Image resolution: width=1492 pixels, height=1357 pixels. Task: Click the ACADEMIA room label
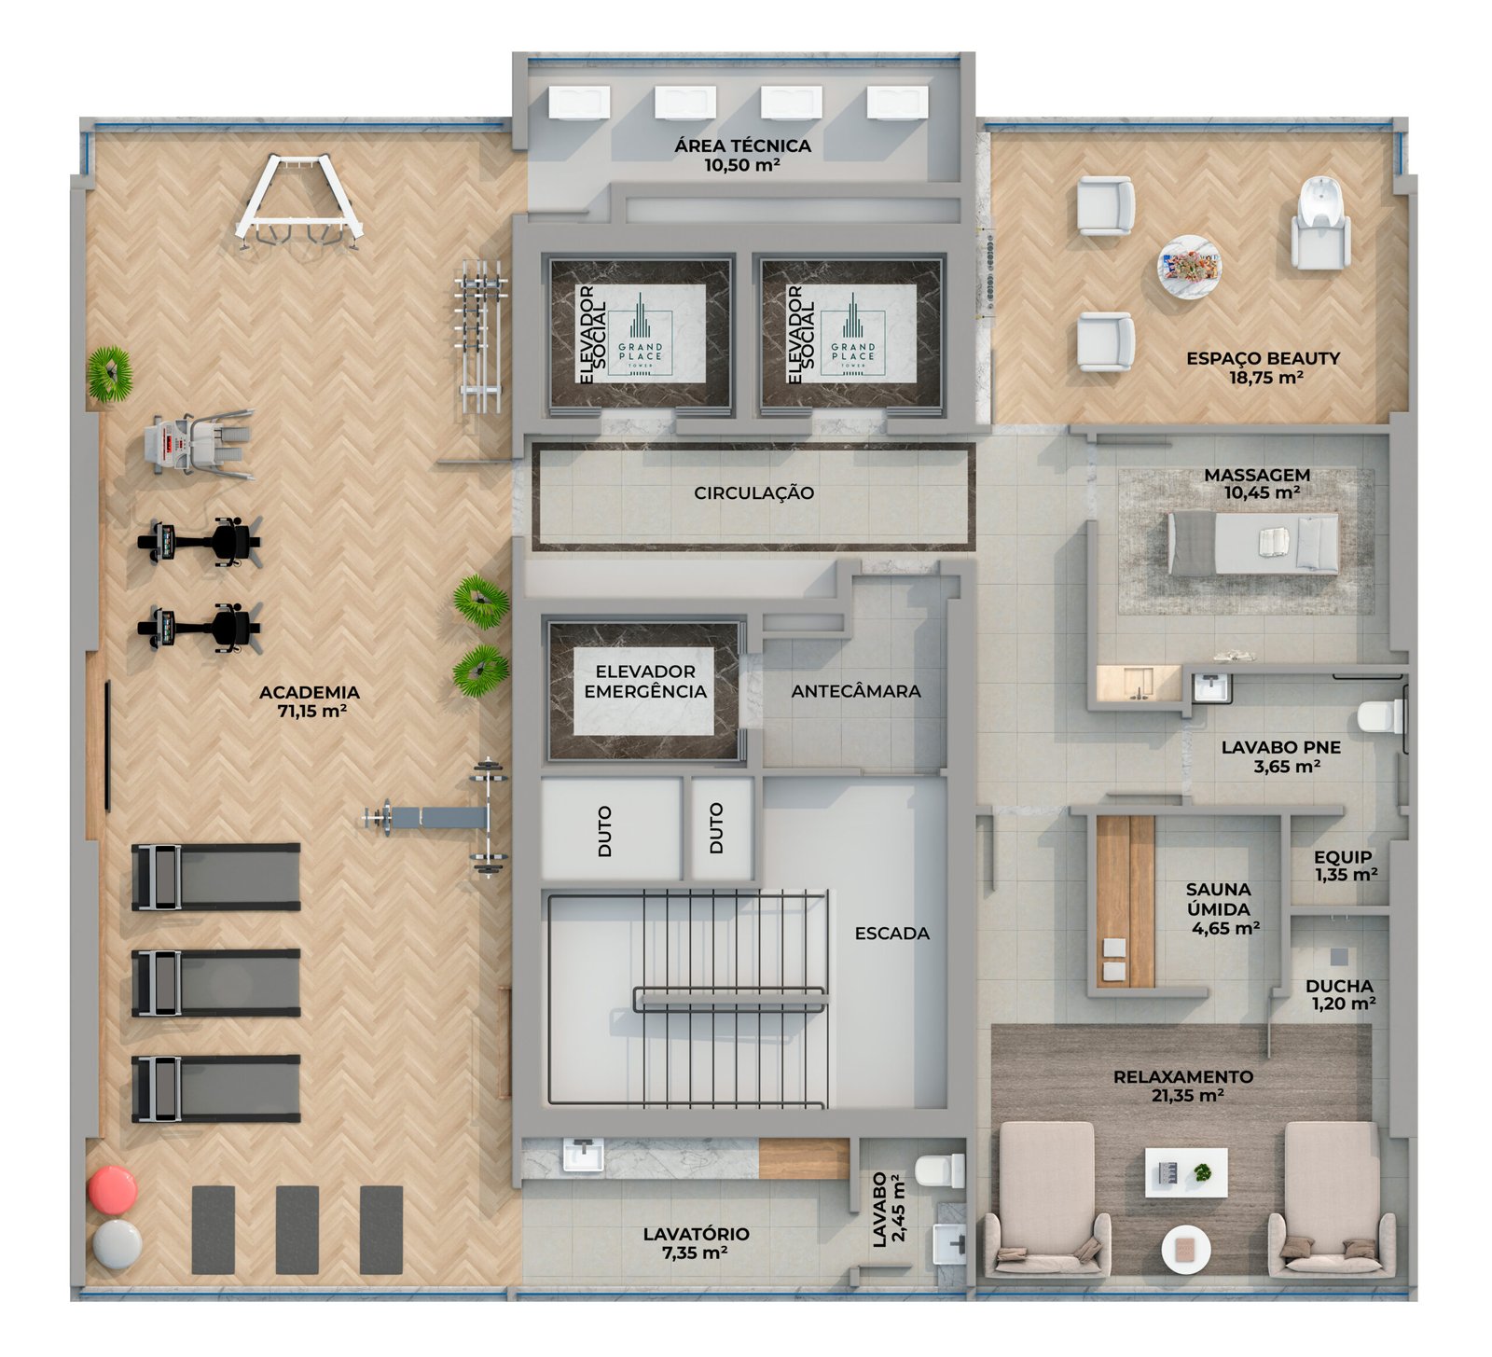309,692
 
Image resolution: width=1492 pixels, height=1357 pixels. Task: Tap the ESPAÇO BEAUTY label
1263,358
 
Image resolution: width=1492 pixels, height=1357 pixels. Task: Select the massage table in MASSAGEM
1252,543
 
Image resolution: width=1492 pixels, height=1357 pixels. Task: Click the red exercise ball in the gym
113,1190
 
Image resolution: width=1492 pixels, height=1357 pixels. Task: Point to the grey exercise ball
117,1244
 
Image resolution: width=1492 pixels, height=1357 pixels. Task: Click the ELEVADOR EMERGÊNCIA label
645,682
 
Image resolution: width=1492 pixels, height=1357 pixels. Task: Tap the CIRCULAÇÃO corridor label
753,492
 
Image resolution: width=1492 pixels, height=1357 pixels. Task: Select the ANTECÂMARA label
855,691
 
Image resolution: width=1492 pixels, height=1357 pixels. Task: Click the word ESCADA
891,933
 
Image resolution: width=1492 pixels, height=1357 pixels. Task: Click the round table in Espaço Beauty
1189,266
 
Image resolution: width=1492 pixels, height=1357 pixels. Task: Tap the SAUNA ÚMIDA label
1219,899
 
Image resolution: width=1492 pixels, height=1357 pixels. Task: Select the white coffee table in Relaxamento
1186,1171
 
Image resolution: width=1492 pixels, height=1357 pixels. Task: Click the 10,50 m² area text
742,165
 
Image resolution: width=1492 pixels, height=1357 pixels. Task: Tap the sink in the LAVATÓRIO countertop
583,1156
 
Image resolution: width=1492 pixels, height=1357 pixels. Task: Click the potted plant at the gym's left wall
110,374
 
